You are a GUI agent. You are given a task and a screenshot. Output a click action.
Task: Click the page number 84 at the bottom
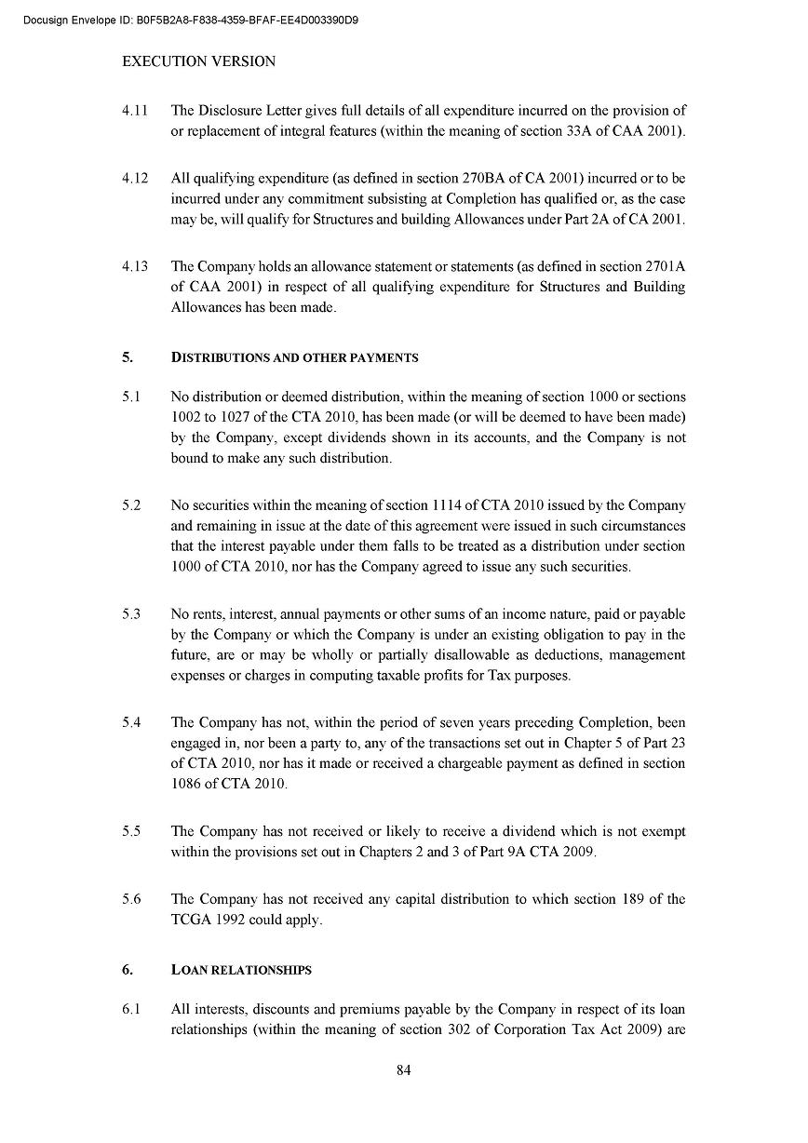click(x=403, y=1069)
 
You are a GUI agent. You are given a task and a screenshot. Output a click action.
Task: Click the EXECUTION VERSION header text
click(x=199, y=61)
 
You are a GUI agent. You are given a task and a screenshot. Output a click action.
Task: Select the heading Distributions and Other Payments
click(x=295, y=357)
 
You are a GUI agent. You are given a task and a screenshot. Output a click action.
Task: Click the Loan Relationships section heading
click(x=241, y=970)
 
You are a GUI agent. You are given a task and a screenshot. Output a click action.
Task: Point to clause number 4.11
click(x=135, y=111)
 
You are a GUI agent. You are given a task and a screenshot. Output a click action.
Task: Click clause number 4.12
click(x=135, y=178)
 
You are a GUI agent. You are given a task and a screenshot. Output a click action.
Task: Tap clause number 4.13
click(x=135, y=266)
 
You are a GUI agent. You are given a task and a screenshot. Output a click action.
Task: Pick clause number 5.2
click(x=131, y=505)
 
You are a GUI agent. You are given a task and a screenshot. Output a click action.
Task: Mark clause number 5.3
click(x=131, y=613)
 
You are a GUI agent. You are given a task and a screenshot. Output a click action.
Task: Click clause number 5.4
click(x=131, y=722)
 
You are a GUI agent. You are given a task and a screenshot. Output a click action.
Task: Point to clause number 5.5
click(x=131, y=831)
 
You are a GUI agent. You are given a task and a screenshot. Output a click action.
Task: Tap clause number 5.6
click(x=131, y=899)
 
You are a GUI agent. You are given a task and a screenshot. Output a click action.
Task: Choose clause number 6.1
click(x=131, y=1009)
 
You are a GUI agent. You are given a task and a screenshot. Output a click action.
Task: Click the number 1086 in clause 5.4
click(x=186, y=784)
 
